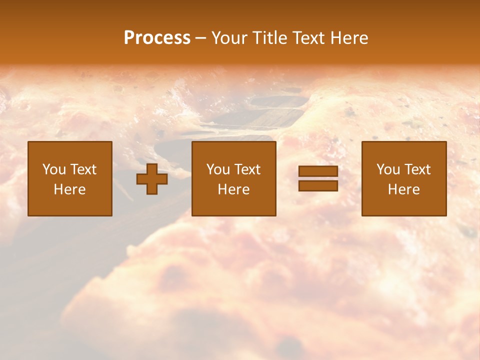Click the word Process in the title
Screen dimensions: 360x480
coord(157,38)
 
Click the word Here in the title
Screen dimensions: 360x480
coord(350,38)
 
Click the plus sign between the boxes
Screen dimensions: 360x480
coord(152,179)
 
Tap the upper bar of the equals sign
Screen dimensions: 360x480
coord(318,171)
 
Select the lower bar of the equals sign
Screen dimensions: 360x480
coord(318,186)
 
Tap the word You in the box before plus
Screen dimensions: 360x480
coord(54,169)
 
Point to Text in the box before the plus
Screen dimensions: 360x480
coord(83,169)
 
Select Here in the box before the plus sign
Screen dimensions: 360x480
coord(69,189)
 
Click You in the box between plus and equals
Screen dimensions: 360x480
coord(218,169)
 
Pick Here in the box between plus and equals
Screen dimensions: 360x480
coord(233,189)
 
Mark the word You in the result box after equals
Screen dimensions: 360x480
coord(388,169)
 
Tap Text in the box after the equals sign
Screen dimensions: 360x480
coord(417,169)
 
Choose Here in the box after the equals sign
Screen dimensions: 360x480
coord(403,189)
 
